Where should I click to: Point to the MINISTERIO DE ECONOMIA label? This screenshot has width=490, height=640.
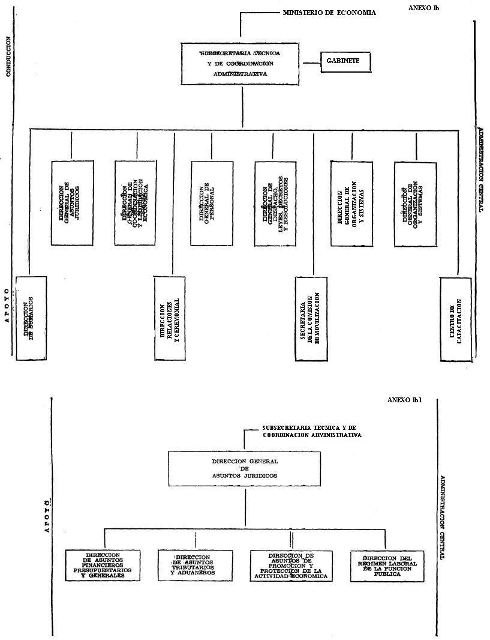(329, 13)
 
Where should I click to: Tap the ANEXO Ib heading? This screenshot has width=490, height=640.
(423, 7)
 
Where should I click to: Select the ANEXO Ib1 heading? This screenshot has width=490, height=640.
(405, 400)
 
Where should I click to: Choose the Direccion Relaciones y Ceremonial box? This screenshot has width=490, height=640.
(170, 319)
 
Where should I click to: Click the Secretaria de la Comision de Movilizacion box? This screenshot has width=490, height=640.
(312, 319)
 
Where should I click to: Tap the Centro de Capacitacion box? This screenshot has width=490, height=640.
(456, 319)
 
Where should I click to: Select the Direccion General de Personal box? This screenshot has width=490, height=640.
(211, 204)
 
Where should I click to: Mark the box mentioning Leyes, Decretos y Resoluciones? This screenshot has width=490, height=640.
(275, 204)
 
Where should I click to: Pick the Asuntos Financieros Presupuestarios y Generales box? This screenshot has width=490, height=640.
(104, 566)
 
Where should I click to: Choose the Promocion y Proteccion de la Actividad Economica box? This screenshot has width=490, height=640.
(291, 566)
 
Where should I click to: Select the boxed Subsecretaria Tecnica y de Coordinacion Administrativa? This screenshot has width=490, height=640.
(241, 63)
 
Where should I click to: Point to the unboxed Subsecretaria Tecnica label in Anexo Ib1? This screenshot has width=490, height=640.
(311, 431)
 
